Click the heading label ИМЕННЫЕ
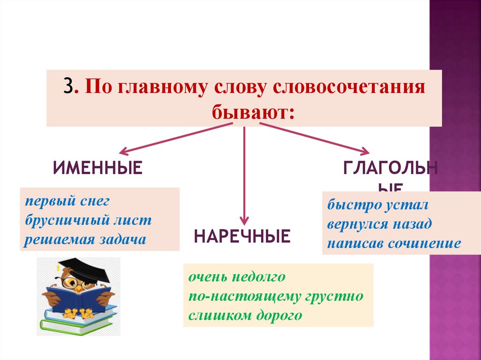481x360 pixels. point(97,168)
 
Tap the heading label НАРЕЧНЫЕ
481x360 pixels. point(242,236)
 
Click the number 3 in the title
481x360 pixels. point(69,88)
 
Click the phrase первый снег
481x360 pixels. point(67,201)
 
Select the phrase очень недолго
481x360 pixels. point(237,277)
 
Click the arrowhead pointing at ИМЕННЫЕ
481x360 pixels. point(124,151)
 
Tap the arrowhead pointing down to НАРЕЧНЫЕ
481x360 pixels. point(244,220)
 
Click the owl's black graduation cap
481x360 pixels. point(82,268)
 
